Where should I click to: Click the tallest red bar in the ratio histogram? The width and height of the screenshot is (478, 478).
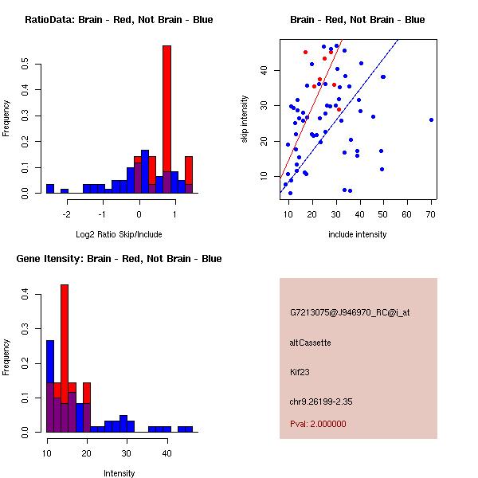(x=167, y=119)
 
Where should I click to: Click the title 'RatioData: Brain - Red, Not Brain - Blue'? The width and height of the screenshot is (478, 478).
(x=119, y=20)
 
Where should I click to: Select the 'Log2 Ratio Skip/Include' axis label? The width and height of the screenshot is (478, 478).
(x=119, y=234)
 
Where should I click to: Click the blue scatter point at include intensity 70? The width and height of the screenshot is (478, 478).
(x=431, y=119)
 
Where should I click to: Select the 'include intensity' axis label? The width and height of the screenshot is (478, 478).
(x=358, y=234)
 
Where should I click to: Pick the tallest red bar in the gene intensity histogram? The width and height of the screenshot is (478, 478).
(x=65, y=358)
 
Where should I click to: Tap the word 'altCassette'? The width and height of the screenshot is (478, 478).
(x=310, y=343)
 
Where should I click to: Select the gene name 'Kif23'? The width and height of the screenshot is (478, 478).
(x=299, y=371)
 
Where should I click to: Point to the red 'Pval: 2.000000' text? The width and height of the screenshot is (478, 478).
(x=318, y=424)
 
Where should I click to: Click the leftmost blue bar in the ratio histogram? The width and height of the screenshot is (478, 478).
(x=49, y=189)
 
